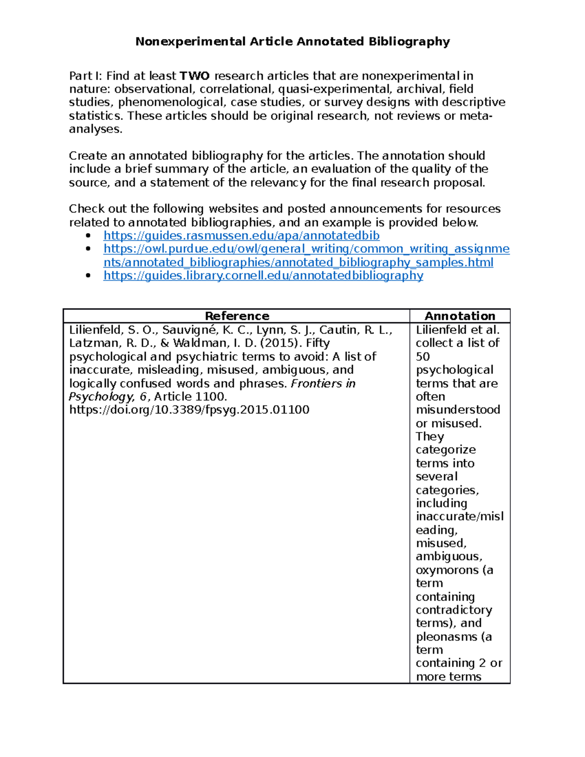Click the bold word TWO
195,76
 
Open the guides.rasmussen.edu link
241,236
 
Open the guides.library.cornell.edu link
263,276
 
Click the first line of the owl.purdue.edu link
306,249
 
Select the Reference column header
237,316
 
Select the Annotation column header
460,316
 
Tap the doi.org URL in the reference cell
189,410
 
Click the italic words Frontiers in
323,384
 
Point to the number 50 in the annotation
423,357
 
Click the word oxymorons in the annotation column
447,570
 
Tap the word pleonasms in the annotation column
447,637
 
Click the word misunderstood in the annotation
458,410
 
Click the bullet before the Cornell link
88,276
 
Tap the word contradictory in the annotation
454,610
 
